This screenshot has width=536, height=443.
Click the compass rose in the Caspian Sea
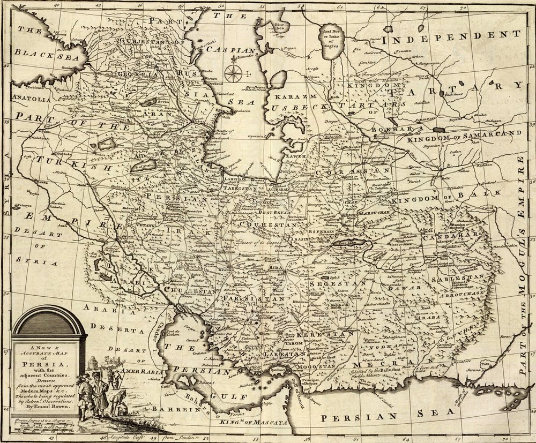point(232,73)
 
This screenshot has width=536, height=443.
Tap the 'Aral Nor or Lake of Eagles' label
point(331,36)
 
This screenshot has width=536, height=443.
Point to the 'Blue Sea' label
point(279,26)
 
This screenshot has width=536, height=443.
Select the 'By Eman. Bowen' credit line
point(49,406)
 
